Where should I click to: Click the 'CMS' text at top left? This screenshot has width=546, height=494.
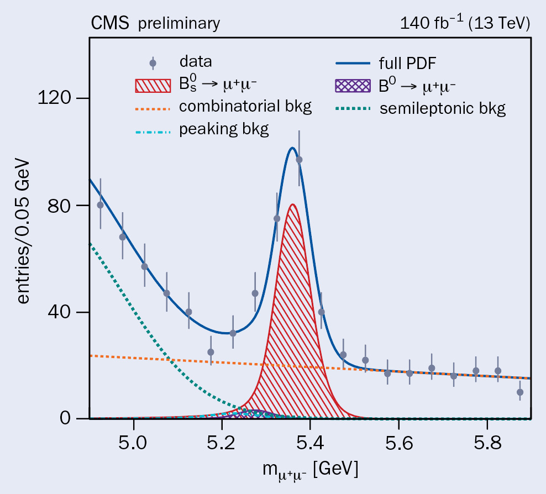(111, 23)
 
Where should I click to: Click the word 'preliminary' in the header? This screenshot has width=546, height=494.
(179, 24)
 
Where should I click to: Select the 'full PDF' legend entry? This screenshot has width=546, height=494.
(406, 62)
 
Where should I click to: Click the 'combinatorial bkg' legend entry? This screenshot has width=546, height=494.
(245, 106)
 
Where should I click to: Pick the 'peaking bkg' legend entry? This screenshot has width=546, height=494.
(224, 130)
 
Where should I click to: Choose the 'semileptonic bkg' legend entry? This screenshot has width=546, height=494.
(442, 108)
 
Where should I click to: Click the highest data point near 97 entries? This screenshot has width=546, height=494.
(299, 160)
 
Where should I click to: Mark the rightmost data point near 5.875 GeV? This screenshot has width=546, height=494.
(520, 392)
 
